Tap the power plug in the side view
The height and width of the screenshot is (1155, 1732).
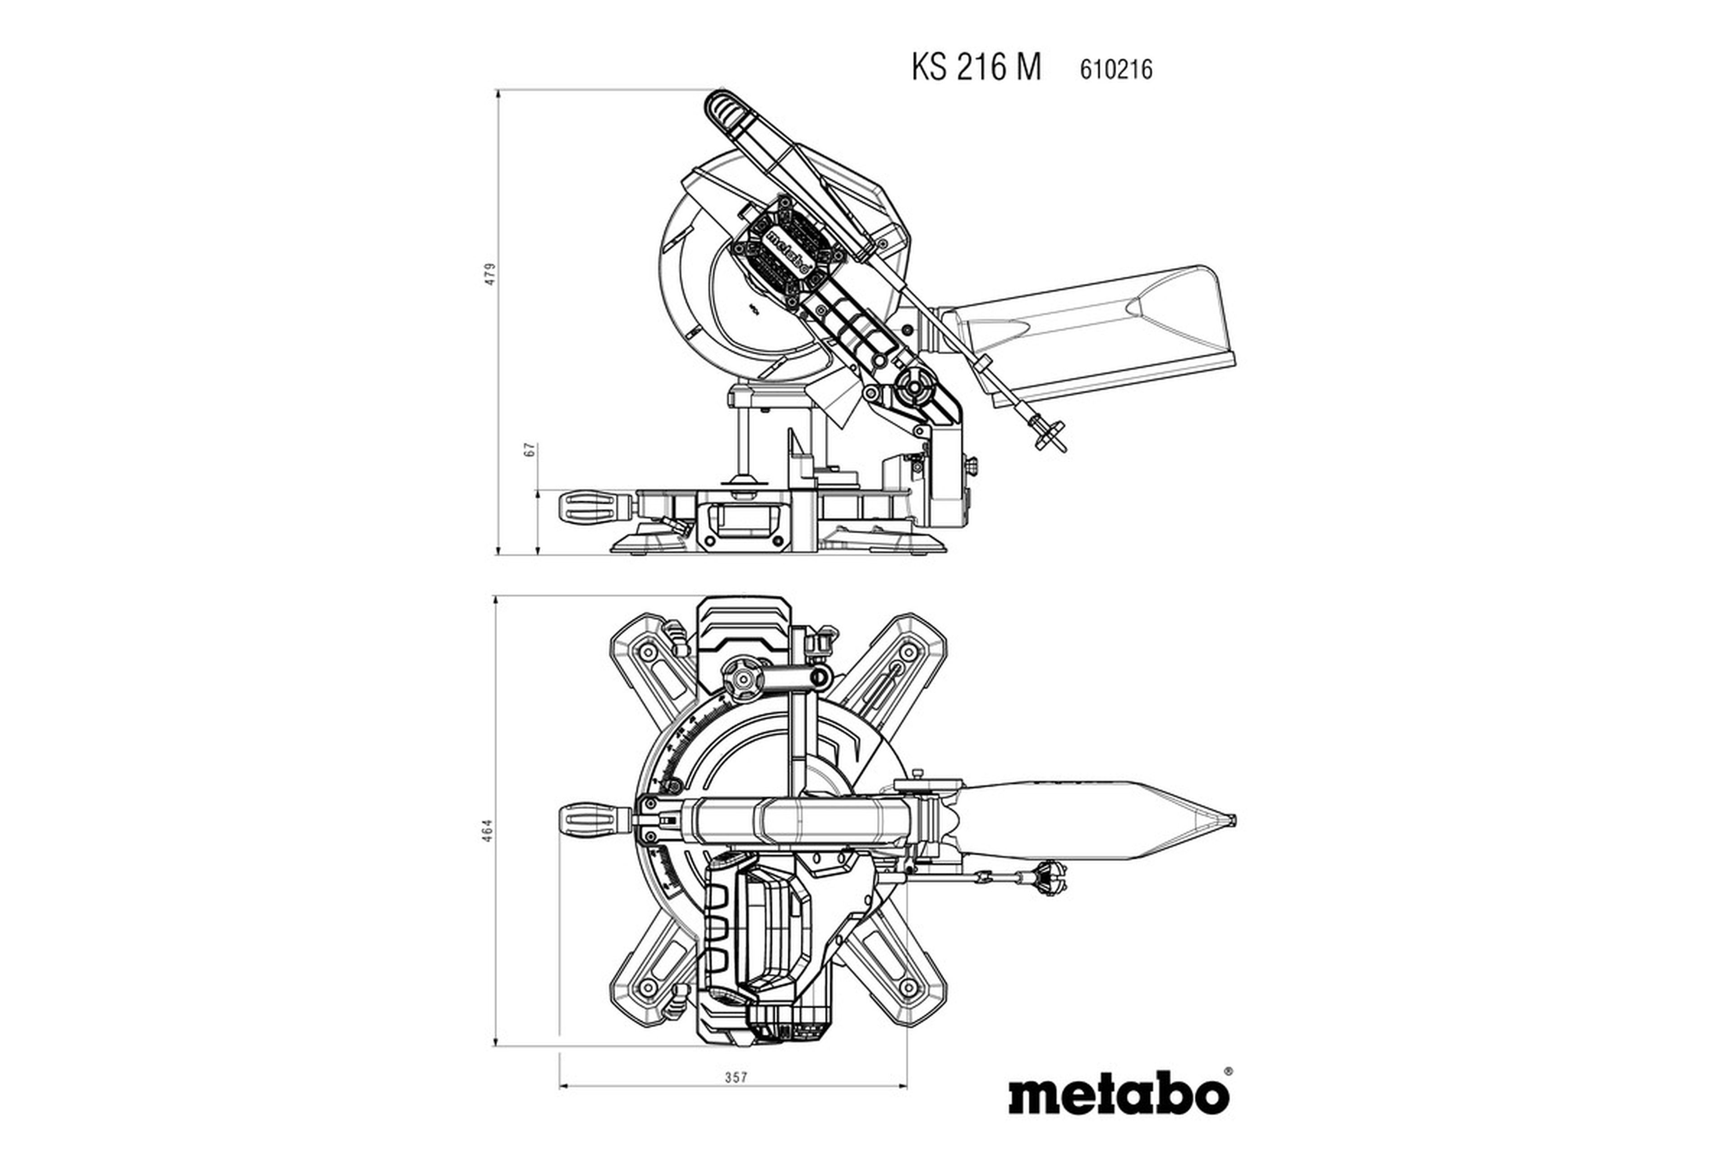pyautogui.click(x=1049, y=434)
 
